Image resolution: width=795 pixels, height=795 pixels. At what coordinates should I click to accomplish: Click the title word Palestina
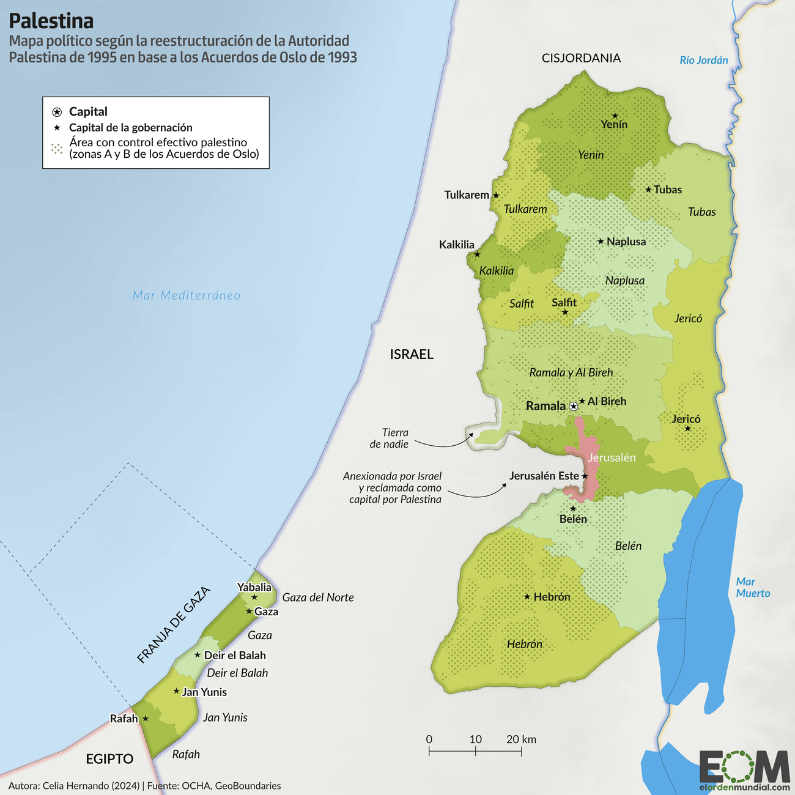(x=51, y=21)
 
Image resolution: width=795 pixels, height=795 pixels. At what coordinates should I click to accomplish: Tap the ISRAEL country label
(x=412, y=354)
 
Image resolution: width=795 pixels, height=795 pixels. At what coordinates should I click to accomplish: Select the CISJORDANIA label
(x=581, y=58)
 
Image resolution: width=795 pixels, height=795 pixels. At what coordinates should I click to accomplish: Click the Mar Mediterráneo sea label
(x=187, y=295)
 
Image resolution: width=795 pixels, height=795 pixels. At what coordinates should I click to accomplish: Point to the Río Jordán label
(x=704, y=60)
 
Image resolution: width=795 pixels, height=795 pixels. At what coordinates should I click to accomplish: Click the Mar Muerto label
(x=752, y=588)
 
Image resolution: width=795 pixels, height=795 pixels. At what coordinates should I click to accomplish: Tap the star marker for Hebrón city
(x=527, y=596)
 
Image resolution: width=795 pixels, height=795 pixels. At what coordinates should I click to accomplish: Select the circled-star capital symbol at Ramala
(x=574, y=406)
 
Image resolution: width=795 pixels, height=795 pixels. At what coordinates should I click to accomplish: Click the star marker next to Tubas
(x=648, y=190)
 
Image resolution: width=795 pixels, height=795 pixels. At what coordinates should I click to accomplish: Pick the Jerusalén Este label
(x=544, y=476)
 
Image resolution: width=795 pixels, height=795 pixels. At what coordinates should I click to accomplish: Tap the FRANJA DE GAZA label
(x=174, y=625)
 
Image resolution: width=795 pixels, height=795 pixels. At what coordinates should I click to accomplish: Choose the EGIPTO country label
(x=109, y=759)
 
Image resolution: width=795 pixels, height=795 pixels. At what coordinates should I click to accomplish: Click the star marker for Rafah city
(x=146, y=719)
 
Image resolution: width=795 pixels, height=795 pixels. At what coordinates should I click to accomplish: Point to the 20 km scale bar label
(x=521, y=739)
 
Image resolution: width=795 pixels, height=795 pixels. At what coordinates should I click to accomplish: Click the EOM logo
(x=744, y=768)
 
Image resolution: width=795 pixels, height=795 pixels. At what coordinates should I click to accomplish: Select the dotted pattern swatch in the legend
(x=57, y=148)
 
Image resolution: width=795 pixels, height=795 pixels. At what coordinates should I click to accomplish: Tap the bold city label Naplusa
(x=626, y=242)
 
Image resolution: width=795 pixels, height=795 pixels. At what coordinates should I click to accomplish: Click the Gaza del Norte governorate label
(x=318, y=597)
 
